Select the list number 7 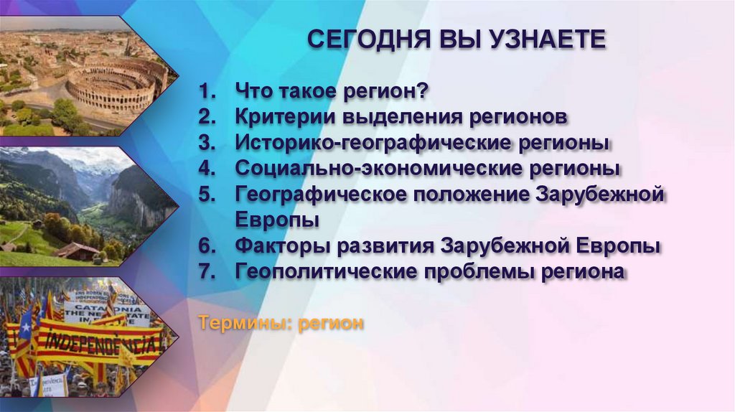point(207,272)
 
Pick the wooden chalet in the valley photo point(77,251)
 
